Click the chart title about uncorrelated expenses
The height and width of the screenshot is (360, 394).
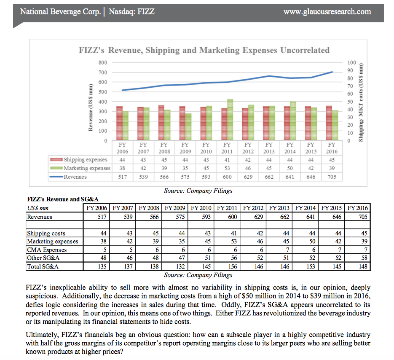coord(204,50)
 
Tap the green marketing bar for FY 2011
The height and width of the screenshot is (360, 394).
coord(230,120)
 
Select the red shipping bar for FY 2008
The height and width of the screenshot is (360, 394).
coord(161,123)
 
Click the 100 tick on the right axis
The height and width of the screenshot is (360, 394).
coord(352,62)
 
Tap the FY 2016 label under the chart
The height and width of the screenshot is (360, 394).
coord(332,148)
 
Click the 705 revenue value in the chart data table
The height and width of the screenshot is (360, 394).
coord(332,177)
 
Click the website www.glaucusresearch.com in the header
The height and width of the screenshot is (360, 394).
coord(327,11)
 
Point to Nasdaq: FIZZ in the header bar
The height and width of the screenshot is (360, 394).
coord(131,11)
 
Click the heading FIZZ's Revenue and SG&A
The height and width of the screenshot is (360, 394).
coord(63,199)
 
